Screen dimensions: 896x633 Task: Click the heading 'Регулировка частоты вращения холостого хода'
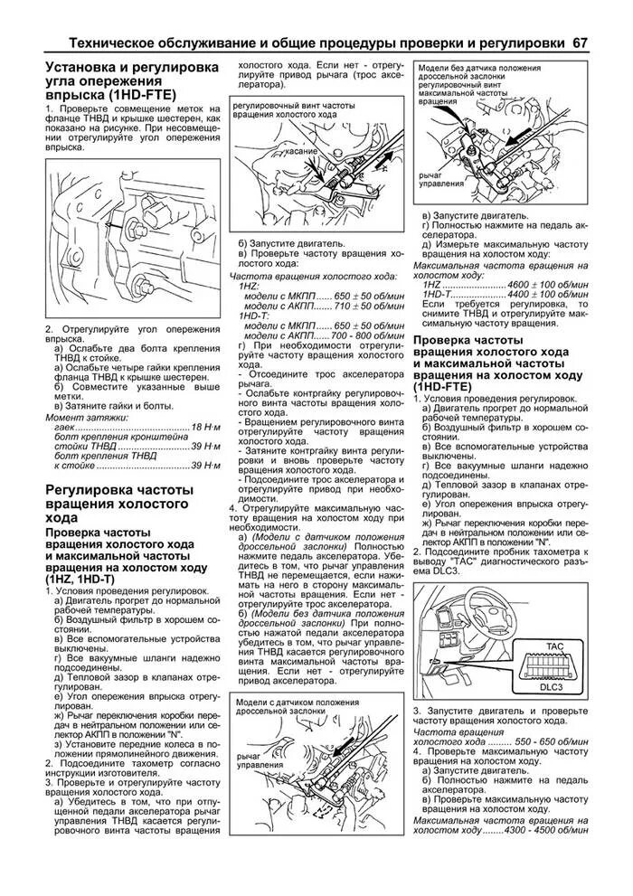118,505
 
